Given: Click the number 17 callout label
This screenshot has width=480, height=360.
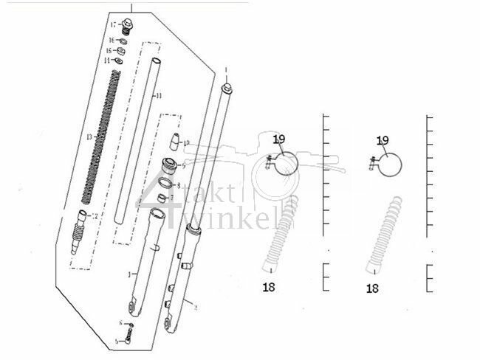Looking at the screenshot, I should pyautogui.click(x=113, y=25).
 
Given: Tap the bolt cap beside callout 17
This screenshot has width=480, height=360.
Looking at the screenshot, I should pyautogui.click(x=128, y=27).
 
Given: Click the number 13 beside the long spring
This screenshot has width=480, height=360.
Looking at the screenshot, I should pyautogui.click(x=89, y=137).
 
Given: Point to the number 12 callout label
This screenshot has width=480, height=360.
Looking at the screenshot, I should pyautogui.click(x=95, y=215).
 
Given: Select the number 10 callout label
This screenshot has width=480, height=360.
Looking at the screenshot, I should pyautogui.click(x=186, y=142).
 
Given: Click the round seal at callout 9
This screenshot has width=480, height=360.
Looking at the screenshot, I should pyautogui.click(x=169, y=165).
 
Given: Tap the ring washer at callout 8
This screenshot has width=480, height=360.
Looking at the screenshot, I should pyautogui.click(x=168, y=184).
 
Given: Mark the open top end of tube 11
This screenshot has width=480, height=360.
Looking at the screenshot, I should pyautogui.click(x=156, y=60).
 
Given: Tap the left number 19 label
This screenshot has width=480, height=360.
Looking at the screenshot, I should pyautogui.click(x=278, y=139).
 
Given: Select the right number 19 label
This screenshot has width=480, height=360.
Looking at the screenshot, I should pyautogui.click(x=383, y=139).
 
